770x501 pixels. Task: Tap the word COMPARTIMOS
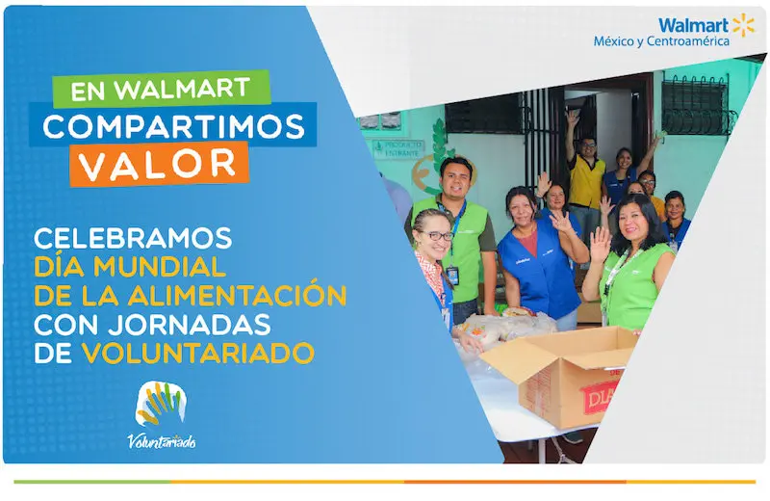172,126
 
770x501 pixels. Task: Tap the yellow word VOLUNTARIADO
198,354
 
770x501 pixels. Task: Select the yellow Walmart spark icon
743,24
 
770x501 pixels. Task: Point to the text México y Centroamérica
660,41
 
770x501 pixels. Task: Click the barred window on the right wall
697,104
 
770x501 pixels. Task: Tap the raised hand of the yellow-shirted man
574,117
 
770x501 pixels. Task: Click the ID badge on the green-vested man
452,275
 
